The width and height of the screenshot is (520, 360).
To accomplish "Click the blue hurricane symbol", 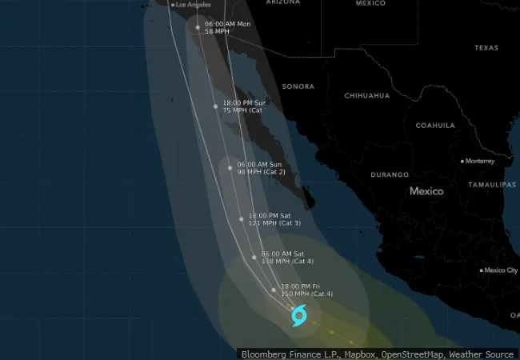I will (299, 316).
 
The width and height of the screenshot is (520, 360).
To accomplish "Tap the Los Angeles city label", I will (192, 5).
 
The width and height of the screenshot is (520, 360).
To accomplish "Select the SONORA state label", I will (298, 86).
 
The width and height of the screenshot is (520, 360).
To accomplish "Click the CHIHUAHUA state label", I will (367, 96).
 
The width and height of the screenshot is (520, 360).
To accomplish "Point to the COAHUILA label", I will (435, 126).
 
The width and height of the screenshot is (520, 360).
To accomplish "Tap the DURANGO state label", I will (390, 174).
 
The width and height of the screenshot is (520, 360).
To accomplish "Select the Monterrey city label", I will (480, 161).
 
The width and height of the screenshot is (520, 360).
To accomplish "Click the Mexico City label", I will (500, 270).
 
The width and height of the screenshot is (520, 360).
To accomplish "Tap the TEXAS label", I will (486, 48).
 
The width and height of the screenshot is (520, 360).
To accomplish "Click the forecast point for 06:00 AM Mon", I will (198, 27).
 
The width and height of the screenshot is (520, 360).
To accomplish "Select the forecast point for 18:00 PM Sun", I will (215, 106).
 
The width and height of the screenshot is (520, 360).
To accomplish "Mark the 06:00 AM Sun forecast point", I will (230, 168).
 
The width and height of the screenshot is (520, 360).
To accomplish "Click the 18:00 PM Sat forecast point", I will (241, 218).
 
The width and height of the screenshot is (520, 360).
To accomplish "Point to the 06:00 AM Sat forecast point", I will (254, 257).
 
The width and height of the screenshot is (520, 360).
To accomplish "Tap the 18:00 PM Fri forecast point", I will (274, 290).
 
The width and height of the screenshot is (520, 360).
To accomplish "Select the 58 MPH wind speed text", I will (216, 32).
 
